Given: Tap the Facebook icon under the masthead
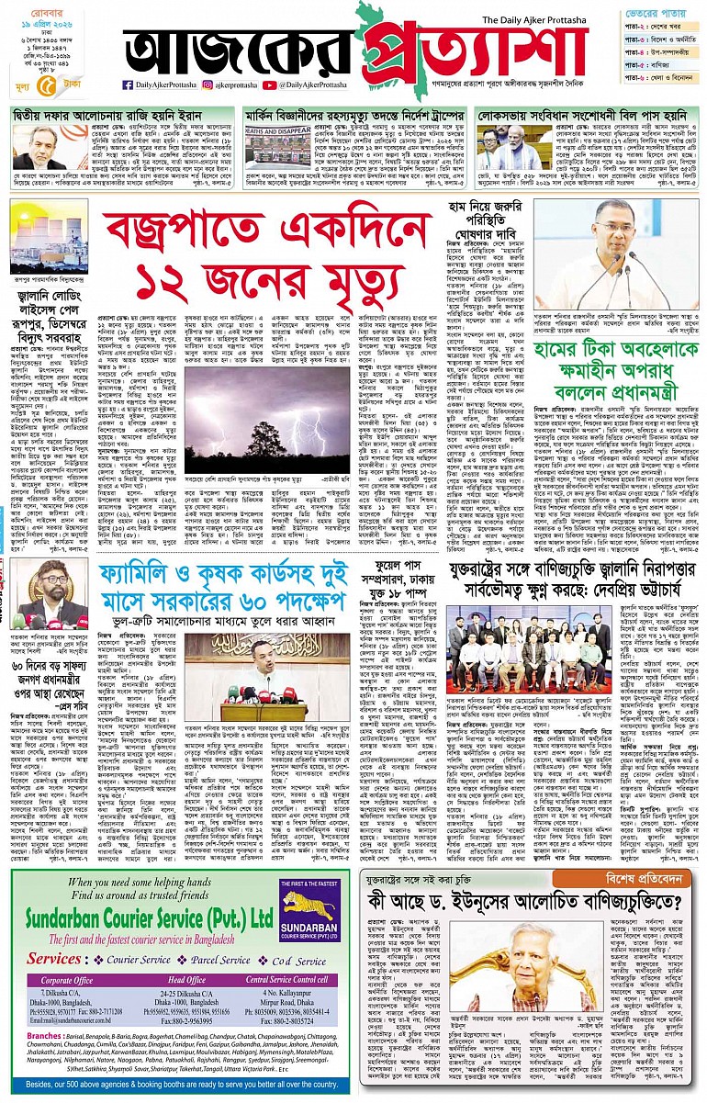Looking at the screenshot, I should click(x=129, y=85).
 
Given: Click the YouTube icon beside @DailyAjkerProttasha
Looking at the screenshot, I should click(x=268, y=85).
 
